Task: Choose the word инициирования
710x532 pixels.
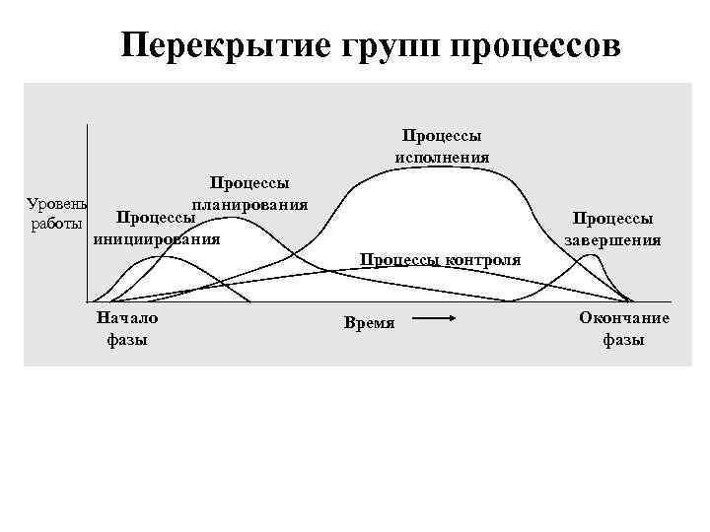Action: click(156, 237)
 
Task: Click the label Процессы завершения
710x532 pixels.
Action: click(612, 229)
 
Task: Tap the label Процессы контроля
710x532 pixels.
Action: click(440, 260)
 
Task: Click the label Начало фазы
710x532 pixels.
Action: click(126, 328)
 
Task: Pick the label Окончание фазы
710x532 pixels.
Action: click(624, 328)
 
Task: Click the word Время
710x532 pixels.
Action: click(369, 322)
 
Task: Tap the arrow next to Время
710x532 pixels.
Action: click(434, 318)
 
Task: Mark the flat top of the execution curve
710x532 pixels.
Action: click(434, 169)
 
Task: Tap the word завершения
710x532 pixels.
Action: click(612, 238)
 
